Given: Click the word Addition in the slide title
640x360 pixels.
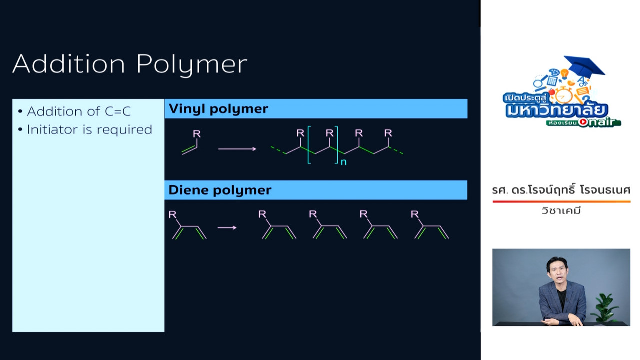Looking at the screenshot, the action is click(x=69, y=63).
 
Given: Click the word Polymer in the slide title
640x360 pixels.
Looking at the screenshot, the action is click(x=192, y=65).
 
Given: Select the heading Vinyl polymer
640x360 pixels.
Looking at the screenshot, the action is click(x=218, y=109).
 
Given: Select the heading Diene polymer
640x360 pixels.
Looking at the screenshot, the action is click(x=220, y=190).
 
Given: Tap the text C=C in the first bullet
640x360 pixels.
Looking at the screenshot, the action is click(x=117, y=111).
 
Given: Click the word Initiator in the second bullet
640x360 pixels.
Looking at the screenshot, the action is click(x=53, y=129).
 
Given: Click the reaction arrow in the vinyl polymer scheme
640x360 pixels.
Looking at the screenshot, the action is click(x=237, y=149).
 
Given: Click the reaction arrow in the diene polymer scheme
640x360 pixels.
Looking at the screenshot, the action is click(x=227, y=227).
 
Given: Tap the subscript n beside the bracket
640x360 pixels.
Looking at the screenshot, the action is click(x=343, y=162).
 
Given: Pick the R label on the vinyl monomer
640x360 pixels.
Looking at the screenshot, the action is click(x=197, y=133).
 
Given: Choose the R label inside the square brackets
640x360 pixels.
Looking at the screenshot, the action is click(x=329, y=133).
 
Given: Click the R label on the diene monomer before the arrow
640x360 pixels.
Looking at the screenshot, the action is click(x=172, y=214).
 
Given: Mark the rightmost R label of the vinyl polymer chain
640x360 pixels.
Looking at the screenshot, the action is click(x=388, y=133).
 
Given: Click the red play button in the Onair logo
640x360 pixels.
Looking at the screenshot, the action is click(x=583, y=122).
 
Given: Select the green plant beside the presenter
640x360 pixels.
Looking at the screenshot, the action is click(x=605, y=309).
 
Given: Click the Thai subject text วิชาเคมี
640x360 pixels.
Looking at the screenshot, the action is click(x=561, y=211).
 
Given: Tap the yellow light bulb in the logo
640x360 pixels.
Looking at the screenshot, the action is click(x=564, y=73).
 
